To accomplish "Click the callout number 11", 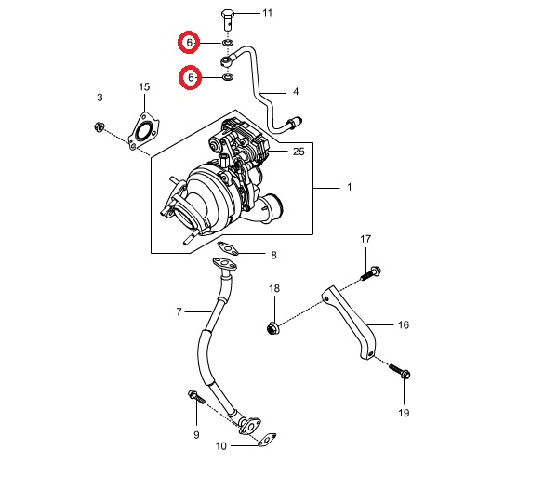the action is (267, 13).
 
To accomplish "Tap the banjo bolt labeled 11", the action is (228, 20).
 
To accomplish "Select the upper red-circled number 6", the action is (189, 43).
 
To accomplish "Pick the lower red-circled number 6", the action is (190, 77).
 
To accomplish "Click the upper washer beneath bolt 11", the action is (228, 43).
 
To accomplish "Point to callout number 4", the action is (296, 92).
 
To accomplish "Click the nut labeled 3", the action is (100, 126).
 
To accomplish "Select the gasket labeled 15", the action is (144, 131).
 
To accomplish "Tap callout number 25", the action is (299, 152).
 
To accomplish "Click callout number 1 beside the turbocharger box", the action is (350, 187).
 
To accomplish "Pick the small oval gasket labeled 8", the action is (228, 248).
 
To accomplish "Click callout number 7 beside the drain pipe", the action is (179, 311).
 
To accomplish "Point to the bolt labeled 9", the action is (196, 397).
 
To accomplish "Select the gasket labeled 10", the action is (267, 440).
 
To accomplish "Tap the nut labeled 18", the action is (272, 328).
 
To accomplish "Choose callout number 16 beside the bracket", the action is (404, 324).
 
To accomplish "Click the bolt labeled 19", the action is (400, 371).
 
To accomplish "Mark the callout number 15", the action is (144, 86).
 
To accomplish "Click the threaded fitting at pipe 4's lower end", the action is (294, 123).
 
